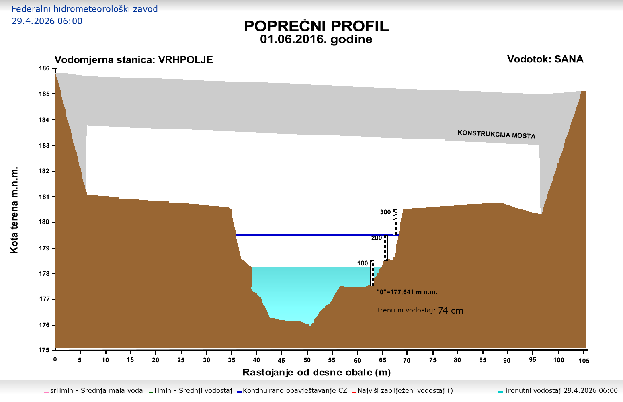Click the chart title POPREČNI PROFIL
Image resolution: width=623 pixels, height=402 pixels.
click(316, 26)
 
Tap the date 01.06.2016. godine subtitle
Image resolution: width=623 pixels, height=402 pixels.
click(316, 39)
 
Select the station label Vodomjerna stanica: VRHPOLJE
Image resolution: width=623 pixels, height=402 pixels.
click(134, 60)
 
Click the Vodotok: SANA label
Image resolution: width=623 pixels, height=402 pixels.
click(545, 59)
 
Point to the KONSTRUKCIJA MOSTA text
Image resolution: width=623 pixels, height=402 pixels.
click(496, 134)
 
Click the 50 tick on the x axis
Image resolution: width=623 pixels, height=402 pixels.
click(307, 360)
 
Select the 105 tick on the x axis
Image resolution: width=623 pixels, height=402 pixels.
click(584, 361)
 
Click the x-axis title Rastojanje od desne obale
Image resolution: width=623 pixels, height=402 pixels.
click(316, 373)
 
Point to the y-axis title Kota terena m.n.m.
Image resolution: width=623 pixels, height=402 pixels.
click(14, 209)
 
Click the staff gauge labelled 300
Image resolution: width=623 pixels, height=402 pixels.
click(395, 222)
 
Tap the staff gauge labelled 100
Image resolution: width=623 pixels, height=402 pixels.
click(372, 273)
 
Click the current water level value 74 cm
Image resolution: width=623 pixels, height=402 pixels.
click(450, 310)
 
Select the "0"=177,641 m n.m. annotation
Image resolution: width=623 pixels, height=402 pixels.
click(406, 292)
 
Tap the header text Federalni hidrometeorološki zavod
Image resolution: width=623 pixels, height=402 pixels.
click(84, 9)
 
